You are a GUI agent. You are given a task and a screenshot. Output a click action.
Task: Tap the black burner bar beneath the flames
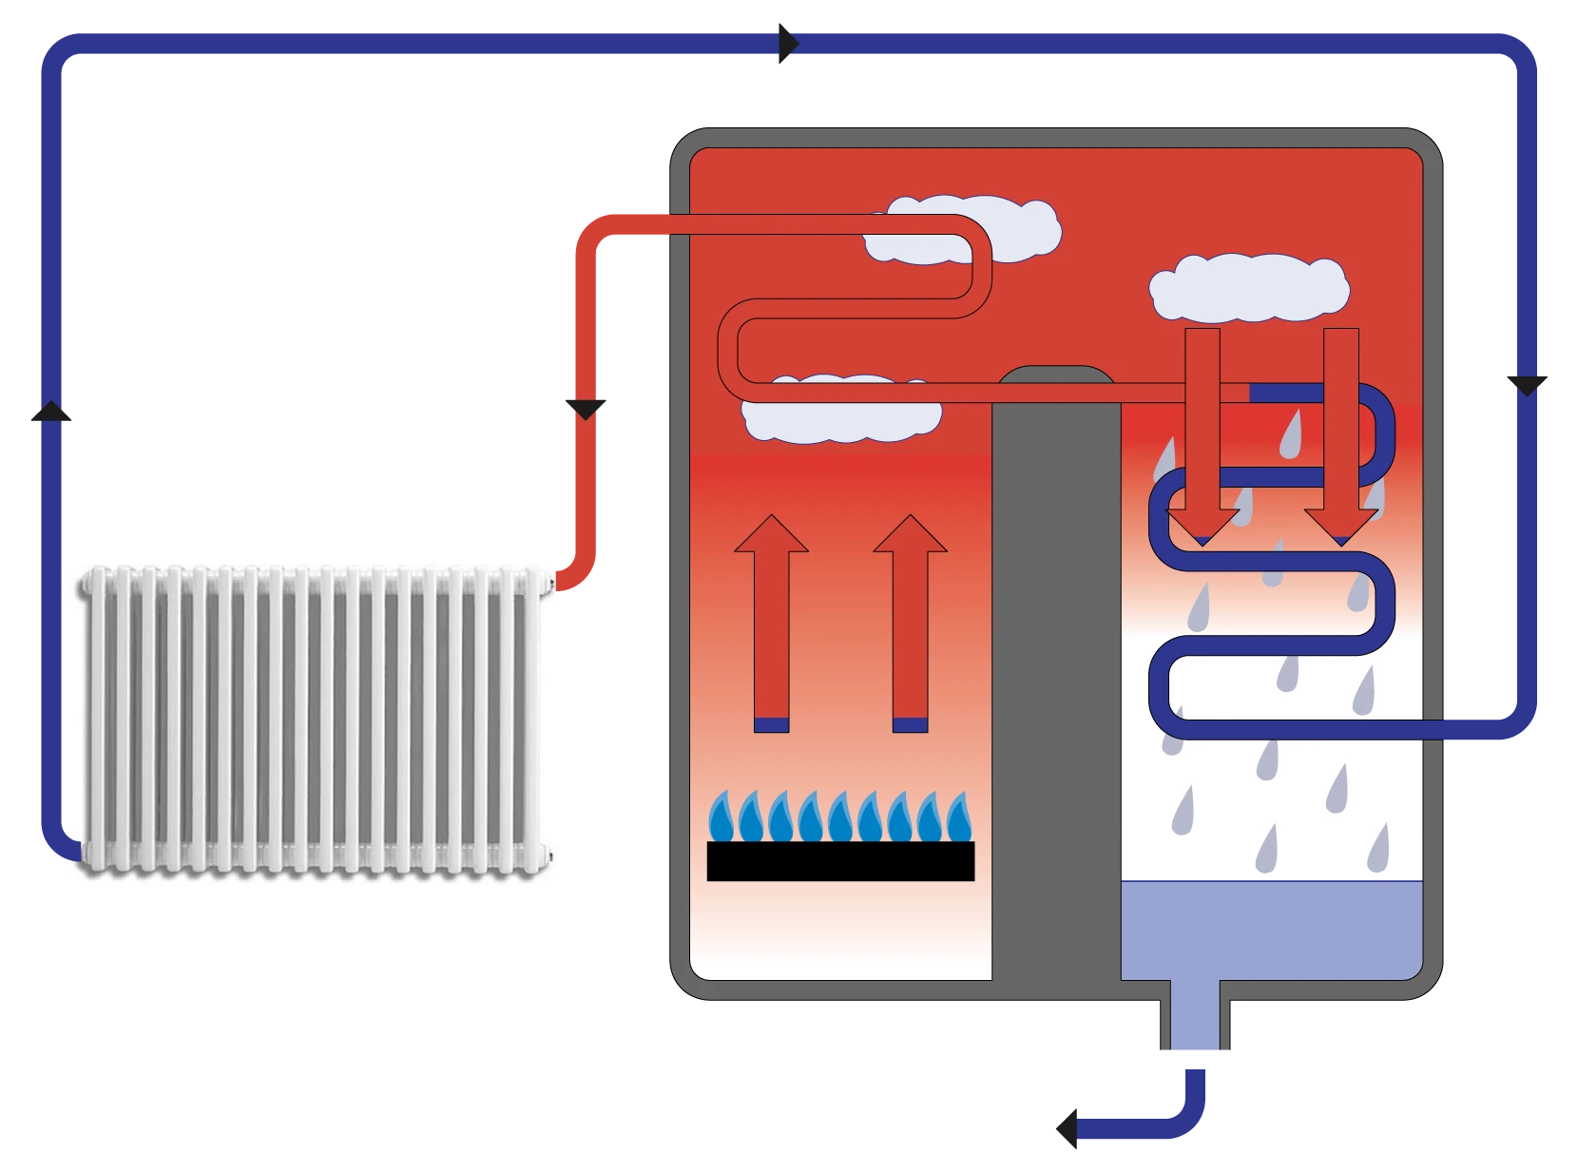click(840, 861)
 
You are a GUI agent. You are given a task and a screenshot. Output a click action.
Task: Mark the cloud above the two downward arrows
click(1248, 286)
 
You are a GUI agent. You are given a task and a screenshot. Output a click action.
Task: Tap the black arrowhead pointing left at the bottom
click(1063, 1128)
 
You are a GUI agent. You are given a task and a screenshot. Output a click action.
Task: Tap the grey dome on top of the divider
click(1055, 377)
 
